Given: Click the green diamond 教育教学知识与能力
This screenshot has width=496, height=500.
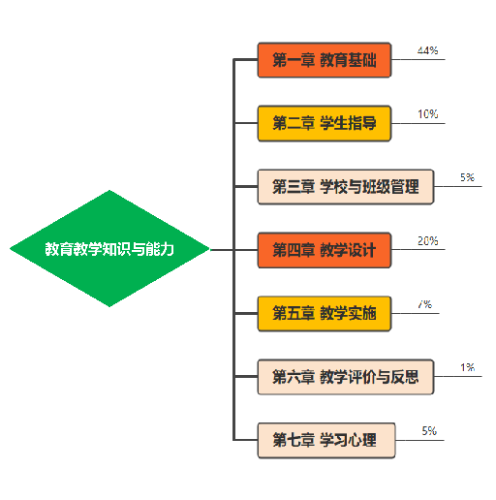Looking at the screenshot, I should (x=109, y=249).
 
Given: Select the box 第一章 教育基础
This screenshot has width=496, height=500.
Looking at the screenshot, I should (x=324, y=61).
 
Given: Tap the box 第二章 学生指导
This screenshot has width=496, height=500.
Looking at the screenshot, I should (x=324, y=124).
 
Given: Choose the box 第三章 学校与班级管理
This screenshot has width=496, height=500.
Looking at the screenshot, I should (x=345, y=187).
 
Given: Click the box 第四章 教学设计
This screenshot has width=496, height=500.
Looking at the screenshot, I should (x=324, y=250).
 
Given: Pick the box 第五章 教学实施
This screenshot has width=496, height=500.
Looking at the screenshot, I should (x=324, y=313).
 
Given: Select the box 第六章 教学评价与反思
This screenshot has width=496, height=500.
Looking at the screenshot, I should (x=345, y=377).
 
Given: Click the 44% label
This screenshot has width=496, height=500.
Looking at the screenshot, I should (x=427, y=50).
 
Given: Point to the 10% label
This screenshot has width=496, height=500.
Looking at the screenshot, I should (x=427, y=114).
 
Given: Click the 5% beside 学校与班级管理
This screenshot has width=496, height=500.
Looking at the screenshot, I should (x=467, y=177).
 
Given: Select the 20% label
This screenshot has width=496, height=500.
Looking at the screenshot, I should (x=427, y=240).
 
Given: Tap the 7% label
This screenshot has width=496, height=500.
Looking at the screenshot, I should (x=424, y=304).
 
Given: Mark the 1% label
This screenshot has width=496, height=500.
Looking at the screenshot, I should (x=467, y=367).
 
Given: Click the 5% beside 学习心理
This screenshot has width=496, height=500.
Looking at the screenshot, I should (x=429, y=430).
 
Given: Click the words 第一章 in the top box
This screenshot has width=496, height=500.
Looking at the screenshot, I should (x=293, y=61).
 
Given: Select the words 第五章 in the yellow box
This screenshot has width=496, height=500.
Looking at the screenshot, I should (x=293, y=313).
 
